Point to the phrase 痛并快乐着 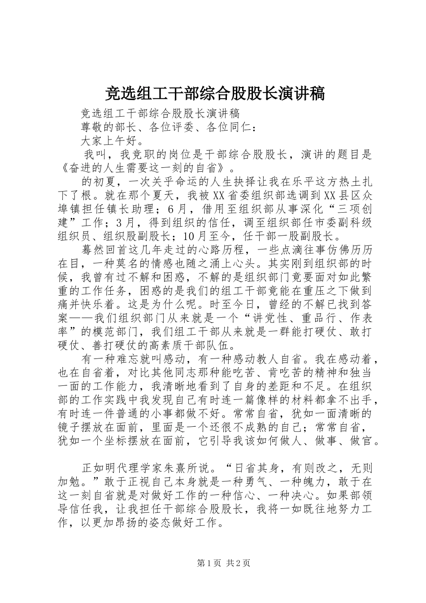90,305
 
